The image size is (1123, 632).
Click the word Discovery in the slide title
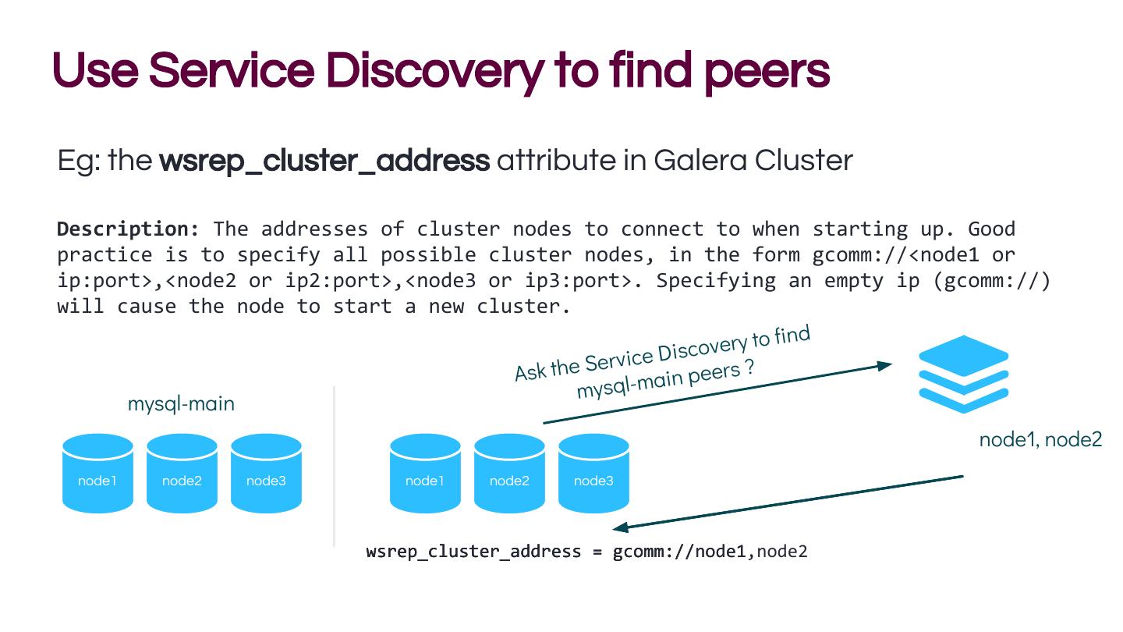pyautogui.click(x=416, y=71)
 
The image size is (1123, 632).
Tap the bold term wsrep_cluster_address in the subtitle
pyautogui.click(x=324, y=161)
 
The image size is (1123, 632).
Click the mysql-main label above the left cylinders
pyautogui.click(x=181, y=404)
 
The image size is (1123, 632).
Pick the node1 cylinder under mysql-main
pyautogui.click(x=97, y=474)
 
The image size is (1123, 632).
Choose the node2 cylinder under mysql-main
pyautogui.click(x=182, y=474)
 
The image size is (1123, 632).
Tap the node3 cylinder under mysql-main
pyautogui.click(x=266, y=474)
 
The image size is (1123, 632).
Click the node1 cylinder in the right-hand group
pyautogui.click(x=425, y=474)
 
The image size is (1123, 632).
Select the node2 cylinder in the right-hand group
pyautogui.click(x=509, y=474)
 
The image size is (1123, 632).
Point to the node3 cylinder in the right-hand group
pyautogui.click(x=593, y=474)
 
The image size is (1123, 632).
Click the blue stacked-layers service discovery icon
pyautogui.click(x=964, y=374)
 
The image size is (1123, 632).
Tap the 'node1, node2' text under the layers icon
pyautogui.click(x=1040, y=440)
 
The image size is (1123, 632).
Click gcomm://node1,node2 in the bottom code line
pyautogui.click(x=710, y=552)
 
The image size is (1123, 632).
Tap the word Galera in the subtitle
pyautogui.click(x=700, y=161)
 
